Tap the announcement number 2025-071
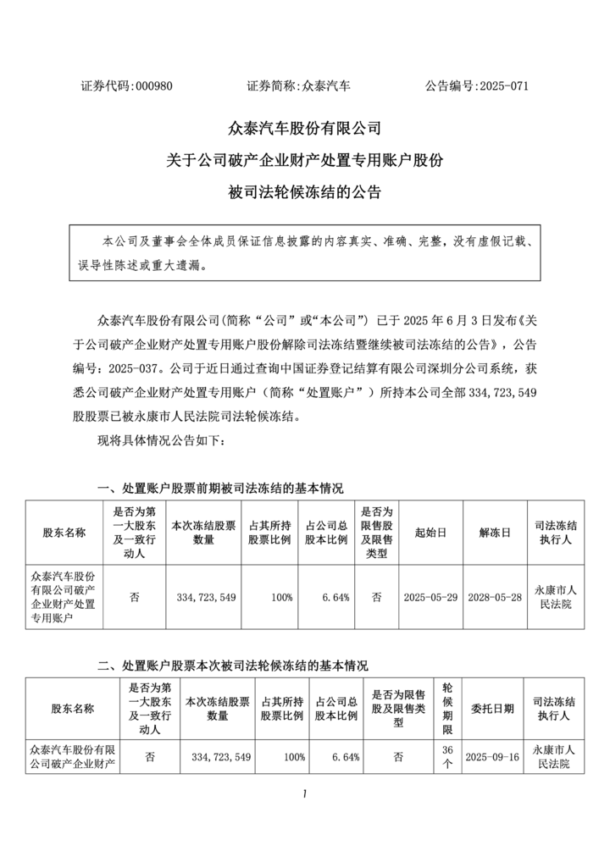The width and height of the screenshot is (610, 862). pyautogui.click(x=504, y=86)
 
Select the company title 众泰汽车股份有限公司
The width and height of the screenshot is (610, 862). pyautogui.click(x=305, y=129)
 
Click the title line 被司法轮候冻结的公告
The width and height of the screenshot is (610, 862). pyautogui.click(x=305, y=191)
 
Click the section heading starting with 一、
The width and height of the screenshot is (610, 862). pyautogui.click(x=221, y=489)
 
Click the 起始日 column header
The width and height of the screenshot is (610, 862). pyautogui.click(x=430, y=533)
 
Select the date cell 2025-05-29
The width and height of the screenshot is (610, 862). pyautogui.click(x=431, y=597)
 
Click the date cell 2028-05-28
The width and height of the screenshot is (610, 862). pyautogui.click(x=495, y=597)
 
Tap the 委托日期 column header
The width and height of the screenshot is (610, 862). pyautogui.click(x=491, y=710)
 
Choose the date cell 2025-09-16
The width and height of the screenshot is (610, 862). pyautogui.click(x=491, y=756)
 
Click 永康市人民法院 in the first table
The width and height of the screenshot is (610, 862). pyautogui.click(x=556, y=597)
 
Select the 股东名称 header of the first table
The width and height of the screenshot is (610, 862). pyautogui.click(x=64, y=533)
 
